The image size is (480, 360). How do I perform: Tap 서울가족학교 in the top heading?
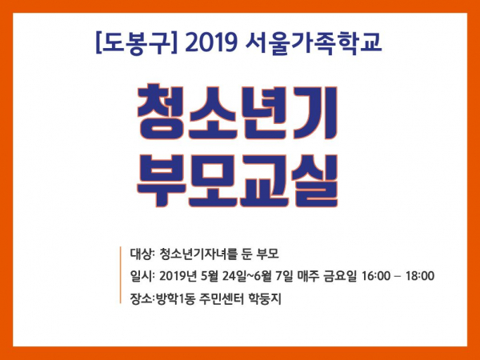(314, 44)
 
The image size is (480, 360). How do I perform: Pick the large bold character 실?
(315, 181)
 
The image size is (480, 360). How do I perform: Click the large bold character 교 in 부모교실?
(264, 181)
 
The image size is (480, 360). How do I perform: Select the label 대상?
(141, 254)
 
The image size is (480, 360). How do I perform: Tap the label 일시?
(141, 276)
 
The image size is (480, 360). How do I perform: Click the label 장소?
(142, 298)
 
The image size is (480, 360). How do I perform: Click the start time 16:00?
(376, 276)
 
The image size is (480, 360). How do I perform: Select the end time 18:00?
(420, 276)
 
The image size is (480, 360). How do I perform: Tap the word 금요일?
(340, 276)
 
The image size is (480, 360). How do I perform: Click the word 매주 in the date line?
(308, 276)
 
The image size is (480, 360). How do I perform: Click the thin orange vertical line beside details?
(121, 275)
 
